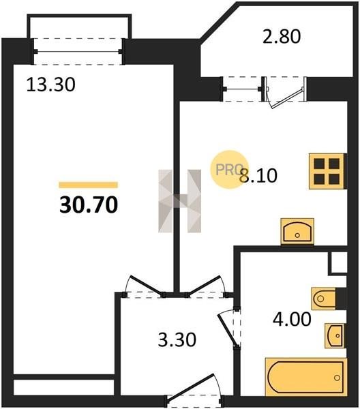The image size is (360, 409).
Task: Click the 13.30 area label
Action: [51, 85]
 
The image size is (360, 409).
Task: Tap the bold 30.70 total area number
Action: [89, 204]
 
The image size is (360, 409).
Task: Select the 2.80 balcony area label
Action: [282, 36]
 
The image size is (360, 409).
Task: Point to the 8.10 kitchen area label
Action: [258, 176]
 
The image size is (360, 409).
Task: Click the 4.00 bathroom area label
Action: [292, 319]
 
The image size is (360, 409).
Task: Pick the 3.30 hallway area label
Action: [177, 340]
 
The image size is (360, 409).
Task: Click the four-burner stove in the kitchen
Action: [328, 171]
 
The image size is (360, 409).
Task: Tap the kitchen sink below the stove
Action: [297, 232]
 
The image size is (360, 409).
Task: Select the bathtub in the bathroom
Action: [306, 377]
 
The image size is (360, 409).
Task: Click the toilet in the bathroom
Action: [323, 299]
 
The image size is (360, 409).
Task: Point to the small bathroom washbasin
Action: [335, 335]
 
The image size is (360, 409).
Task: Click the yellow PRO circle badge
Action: [230, 170]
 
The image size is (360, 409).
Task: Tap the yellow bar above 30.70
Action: [89, 185]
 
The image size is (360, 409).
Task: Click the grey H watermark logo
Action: [180, 201]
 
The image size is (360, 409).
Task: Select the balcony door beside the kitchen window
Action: [285, 92]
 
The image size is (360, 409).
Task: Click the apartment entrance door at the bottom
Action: [194, 391]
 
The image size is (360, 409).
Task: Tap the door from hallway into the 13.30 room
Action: [145, 286]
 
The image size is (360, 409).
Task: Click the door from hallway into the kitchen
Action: [205, 286]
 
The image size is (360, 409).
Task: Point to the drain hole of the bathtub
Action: [337, 378]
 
